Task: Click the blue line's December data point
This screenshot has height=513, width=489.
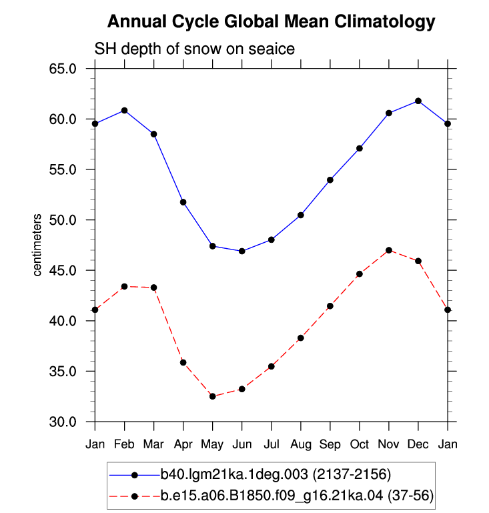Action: (418, 101)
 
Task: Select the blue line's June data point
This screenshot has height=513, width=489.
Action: (242, 251)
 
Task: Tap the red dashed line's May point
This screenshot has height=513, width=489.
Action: (213, 396)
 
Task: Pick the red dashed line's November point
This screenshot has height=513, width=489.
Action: (389, 250)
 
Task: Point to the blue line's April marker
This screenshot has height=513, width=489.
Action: (183, 202)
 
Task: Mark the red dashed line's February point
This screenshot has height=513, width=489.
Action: (124, 286)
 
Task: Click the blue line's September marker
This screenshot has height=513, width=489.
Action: (330, 180)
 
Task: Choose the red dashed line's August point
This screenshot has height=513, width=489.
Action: (301, 338)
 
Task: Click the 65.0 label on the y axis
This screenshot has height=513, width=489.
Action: (63, 69)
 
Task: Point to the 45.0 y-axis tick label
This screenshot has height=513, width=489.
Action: (63, 271)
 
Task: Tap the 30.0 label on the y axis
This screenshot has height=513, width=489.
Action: (63, 422)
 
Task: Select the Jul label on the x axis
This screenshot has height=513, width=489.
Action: (272, 444)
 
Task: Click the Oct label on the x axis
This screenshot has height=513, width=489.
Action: (360, 444)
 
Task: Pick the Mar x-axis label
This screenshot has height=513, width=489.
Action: (153, 444)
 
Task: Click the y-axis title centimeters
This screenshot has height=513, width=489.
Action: (37, 245)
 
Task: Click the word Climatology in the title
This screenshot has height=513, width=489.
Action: (385, 22)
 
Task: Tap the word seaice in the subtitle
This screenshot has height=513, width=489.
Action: (272, 49)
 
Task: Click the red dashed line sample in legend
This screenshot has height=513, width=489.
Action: (134, 496)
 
